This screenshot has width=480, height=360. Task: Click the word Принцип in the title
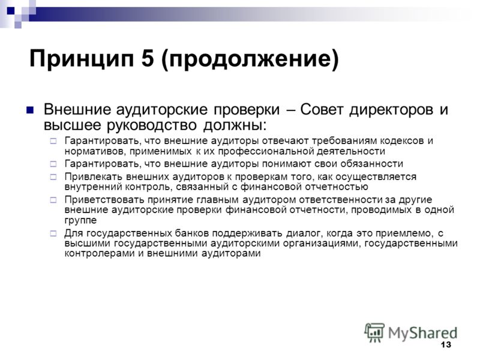(82, 58)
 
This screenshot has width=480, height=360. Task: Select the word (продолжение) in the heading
(250, 59)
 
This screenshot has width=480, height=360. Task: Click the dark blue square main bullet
(29, 110)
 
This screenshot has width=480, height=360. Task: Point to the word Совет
(322, 109)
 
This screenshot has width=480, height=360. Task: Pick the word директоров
(391, 110)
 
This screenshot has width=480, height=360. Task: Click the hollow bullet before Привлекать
(53, 177)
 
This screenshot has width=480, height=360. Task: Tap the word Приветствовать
(104, 200)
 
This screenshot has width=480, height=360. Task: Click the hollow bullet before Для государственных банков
(53, 233)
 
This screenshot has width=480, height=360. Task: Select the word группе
(80, 220)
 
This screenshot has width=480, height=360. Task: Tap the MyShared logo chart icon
(374, 332)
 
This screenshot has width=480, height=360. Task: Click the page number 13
(446, 344)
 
